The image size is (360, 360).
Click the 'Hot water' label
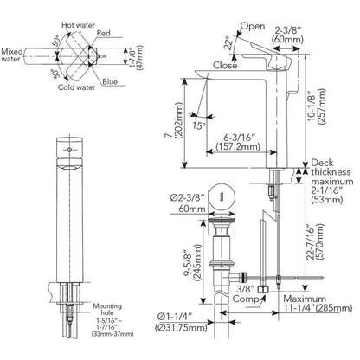pos(78,25)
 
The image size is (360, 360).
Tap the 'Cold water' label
pos(76,87)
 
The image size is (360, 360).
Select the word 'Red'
pos(103,33)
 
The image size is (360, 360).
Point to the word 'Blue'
pos(110,81)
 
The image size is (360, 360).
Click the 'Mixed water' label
pos(12,55)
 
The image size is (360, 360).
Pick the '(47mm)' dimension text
pos(139,57)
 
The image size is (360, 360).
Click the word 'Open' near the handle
pos(253,26)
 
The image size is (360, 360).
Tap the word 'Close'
pos(225,65)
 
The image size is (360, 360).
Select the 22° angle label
pos(228,43)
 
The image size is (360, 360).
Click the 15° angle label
pos(200,125)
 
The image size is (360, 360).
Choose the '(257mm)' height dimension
pos(321,106)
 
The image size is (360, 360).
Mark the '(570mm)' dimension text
pos(320,241)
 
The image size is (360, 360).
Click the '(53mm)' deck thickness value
pos(327,200)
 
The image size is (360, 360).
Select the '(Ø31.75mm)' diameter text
pos(181,328)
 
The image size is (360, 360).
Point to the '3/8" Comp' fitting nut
pos(264,289)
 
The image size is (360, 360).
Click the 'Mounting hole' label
pos(107,309)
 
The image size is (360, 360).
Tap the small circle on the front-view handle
pos(69,150)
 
